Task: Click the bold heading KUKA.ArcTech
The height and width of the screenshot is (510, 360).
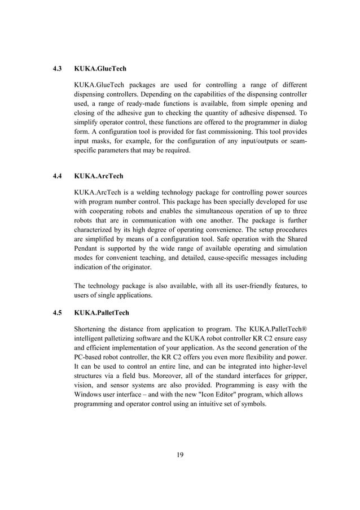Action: coord(98,176)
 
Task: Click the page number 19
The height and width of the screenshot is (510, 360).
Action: coord(180,456)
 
